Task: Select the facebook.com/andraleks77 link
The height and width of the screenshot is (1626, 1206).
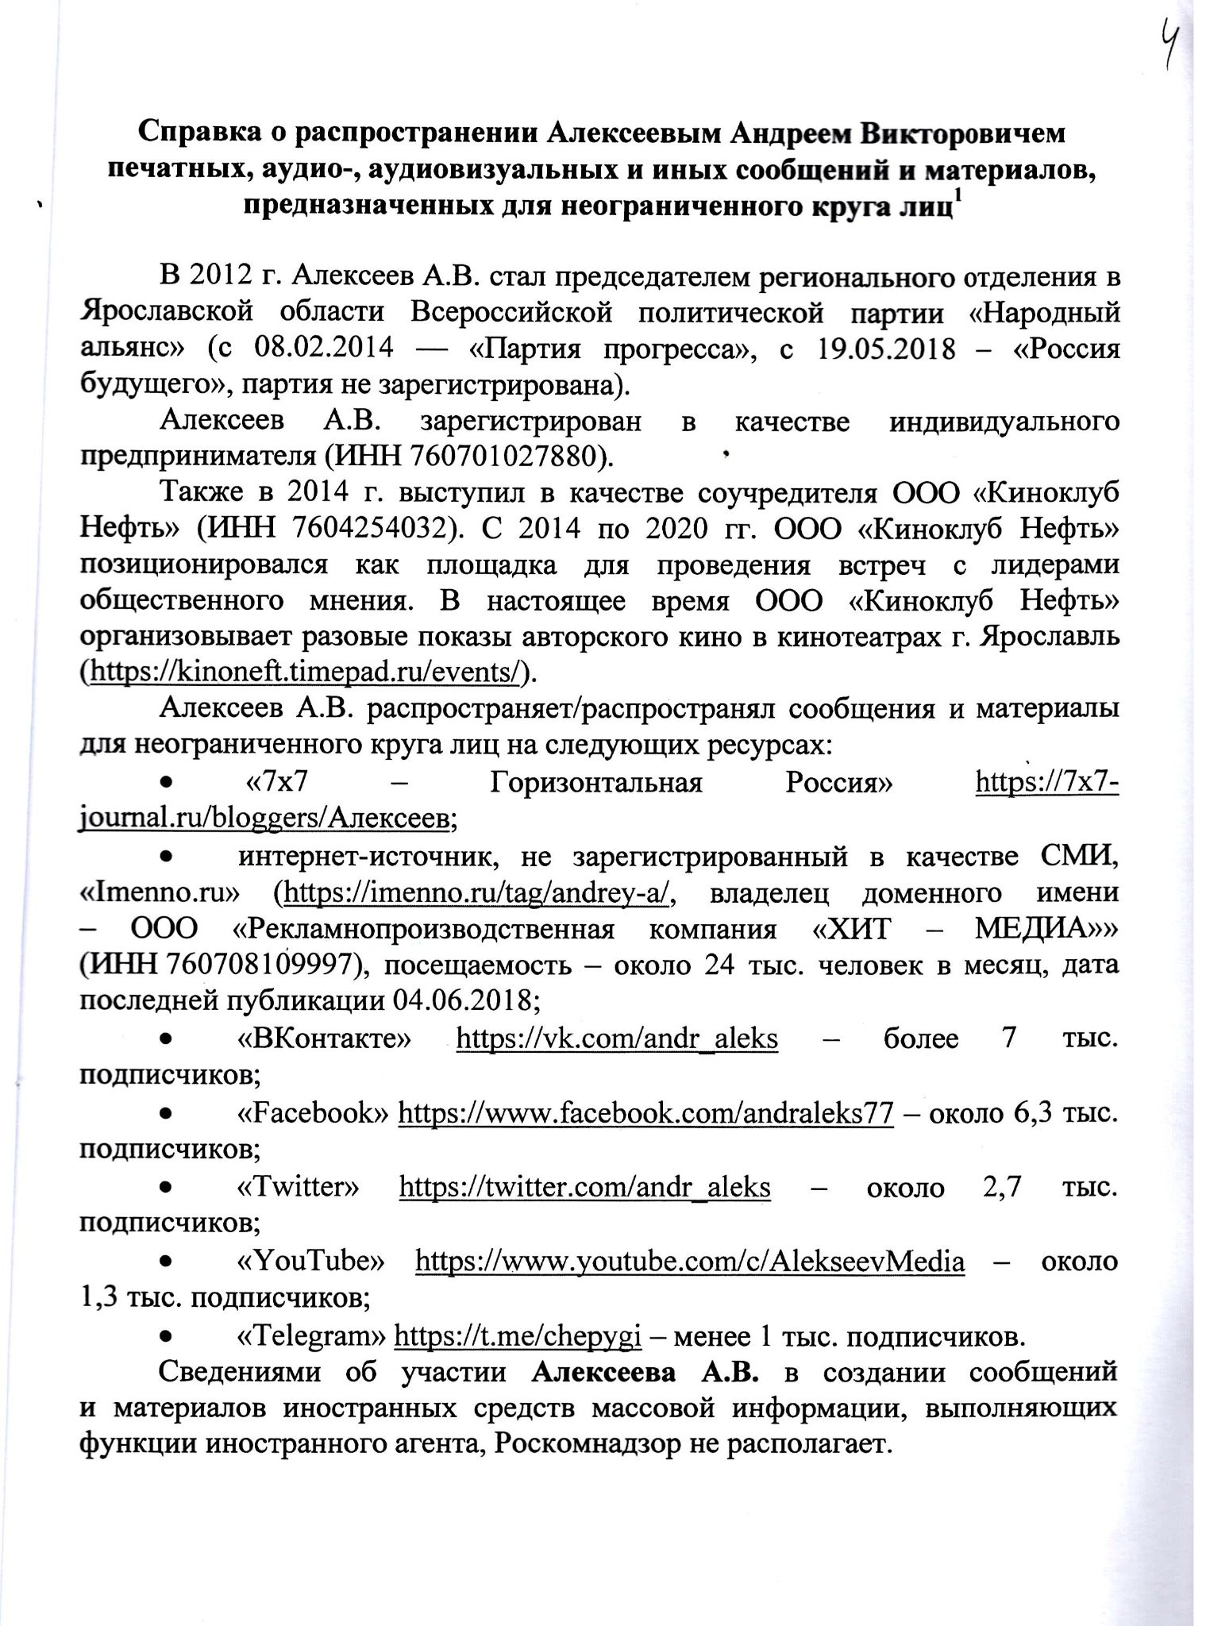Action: (x=645, y=1112)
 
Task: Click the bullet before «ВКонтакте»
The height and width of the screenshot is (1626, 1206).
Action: (x=167, y=1038)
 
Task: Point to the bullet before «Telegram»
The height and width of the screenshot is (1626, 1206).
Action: (x=167, y=1336)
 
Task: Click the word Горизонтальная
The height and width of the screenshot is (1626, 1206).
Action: (x=596, y=784)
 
